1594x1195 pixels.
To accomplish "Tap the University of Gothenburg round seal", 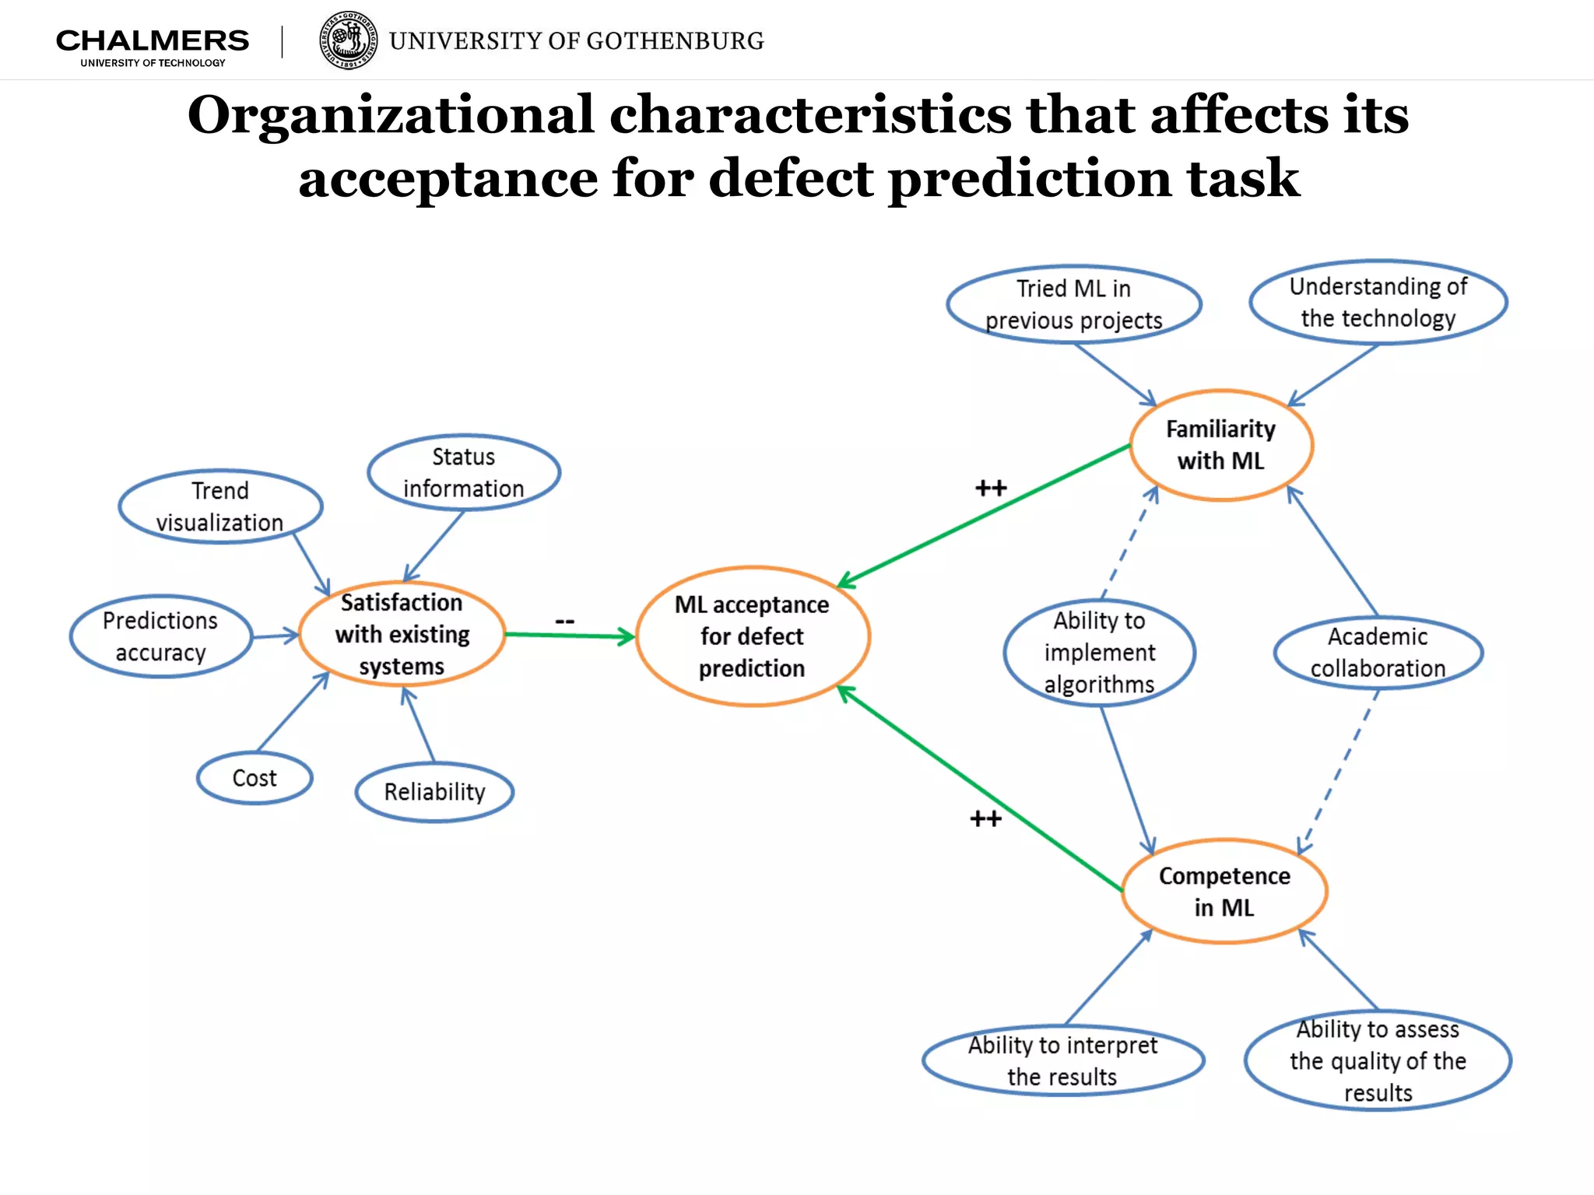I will pos(349,40).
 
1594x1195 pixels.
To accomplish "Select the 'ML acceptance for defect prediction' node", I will pos(752,636).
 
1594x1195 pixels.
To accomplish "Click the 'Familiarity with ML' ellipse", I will pos(1220,445).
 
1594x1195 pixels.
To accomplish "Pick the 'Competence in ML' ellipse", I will pos(1224,892).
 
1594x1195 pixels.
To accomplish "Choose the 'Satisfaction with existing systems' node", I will pos(402,634).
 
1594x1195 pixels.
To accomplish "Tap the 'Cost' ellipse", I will pos(255,778).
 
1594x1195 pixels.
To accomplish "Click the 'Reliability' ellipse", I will pos(434,792).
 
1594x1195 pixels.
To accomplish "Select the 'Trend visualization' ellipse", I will pos(220,506).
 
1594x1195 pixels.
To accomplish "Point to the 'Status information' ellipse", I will pos(463,472).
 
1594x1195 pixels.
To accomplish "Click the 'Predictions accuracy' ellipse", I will pos(160,636).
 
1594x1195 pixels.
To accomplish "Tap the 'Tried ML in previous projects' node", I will pos(1073,304).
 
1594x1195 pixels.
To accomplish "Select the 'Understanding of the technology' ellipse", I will pos(1378,302).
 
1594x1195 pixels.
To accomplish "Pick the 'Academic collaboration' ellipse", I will pos(1378,652).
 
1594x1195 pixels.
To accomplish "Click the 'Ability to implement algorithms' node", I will pos(1099,652).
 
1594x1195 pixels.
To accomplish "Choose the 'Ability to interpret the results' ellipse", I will pos(1062,1060).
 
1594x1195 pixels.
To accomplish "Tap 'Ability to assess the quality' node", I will pos(1378,1060).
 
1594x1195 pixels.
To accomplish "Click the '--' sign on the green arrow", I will pos(564,621).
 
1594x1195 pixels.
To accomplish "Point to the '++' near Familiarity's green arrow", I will pos(991,489).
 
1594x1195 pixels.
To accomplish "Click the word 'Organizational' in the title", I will pos(391,115).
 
